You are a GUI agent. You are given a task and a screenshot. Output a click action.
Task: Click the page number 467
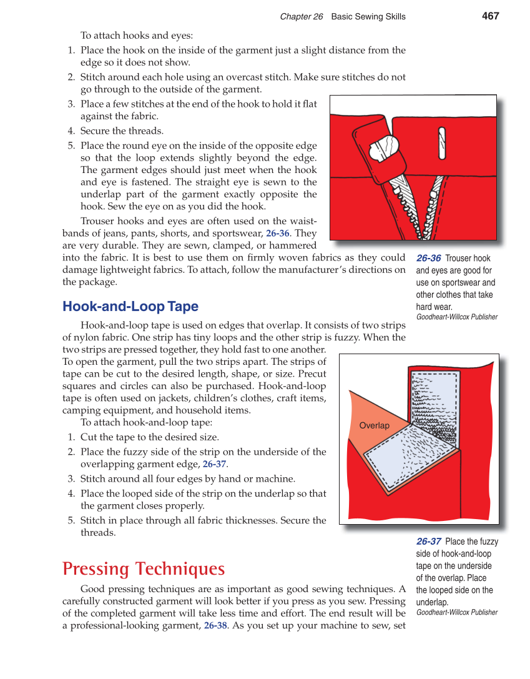pyautogui.click(x=490, y=16)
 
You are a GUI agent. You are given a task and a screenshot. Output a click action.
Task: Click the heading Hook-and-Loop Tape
pyautogui.click(x=130, y=307)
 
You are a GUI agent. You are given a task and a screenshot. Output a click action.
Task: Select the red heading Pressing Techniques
pyautogui.click(x=144, y=569)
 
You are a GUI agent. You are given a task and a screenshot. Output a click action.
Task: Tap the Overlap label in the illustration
pyautogui.click(x=374, y=426)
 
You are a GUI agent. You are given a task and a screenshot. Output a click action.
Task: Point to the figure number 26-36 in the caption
pyautogui.click(x=428, y=259)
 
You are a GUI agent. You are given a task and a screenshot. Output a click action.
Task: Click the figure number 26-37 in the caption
pyautogui.click(x=428, y=542)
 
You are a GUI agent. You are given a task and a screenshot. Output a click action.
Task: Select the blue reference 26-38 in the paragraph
pyautogui.click(x=215, y=625)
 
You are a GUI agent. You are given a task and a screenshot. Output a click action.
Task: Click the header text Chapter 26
pyautogui.click(x=301, y=17)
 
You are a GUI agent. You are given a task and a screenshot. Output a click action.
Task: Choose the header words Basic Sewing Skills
pyautogui.click(x=368, y=17)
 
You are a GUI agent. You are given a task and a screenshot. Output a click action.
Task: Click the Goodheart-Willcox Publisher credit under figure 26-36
pyautogui.click(x=456, y=317)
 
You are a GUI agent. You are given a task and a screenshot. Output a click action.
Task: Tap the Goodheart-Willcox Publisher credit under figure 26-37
pyautogui.click(x=456, y=612)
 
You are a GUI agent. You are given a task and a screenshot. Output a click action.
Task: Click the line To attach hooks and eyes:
pyautogui.click(x=137, y=36)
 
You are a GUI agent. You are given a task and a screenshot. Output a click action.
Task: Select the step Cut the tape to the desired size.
pyautogui.click(x=149, y=437)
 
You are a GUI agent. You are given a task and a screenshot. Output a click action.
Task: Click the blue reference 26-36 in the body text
pyautogui.click(x=277, y=234)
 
